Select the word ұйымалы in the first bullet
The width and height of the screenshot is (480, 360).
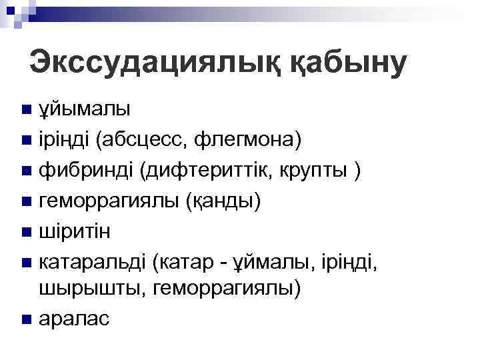(84, 109)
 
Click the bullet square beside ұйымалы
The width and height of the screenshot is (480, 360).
(26, 109)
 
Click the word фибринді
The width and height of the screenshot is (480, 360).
(87, 170)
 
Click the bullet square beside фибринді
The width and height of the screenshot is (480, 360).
(26, 171)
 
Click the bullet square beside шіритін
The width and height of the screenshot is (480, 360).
(26, 232)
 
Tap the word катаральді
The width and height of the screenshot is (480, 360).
(94, 262)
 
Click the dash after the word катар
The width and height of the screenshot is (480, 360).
(226, 263)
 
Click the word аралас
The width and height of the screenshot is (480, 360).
(74, 319)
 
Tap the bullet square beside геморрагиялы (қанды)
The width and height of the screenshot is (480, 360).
(26, 201)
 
